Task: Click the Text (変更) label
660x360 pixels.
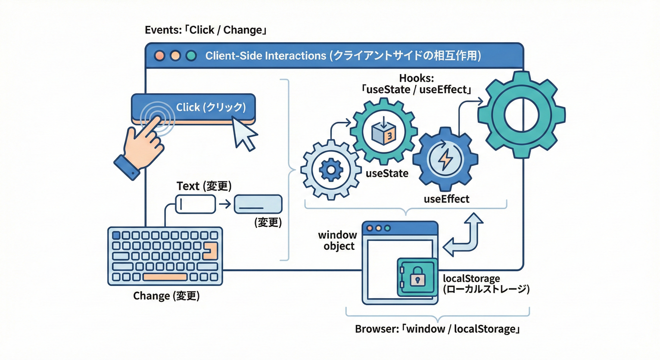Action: [204, 186]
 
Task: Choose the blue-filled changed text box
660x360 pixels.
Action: [258, 204]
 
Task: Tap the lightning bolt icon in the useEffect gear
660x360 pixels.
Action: [444, 160]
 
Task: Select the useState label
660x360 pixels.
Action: [387, 173]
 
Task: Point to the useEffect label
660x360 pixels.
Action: [446, 199]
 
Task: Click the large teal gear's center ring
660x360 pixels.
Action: [521, 114]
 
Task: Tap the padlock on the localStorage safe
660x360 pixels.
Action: [417, 278]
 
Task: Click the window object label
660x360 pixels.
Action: [337, 240]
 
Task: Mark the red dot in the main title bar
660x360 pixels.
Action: [160, 56]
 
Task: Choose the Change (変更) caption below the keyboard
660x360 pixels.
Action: [166, 296]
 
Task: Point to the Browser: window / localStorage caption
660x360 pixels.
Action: [438, 329]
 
